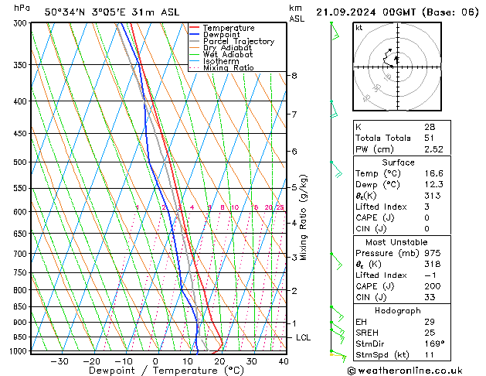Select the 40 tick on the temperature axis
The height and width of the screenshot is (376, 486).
(284, 361)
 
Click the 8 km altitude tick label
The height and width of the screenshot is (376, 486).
(294, 76)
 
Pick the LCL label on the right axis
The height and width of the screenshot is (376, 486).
(304, 338)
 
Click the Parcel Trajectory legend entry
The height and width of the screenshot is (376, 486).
(238, 41)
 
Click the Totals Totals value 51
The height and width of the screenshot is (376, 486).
(430, 138)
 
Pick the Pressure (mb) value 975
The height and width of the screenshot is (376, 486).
(432, 252)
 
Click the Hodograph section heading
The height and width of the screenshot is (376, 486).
(398, 310)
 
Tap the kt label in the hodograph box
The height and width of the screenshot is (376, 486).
(359, 28)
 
